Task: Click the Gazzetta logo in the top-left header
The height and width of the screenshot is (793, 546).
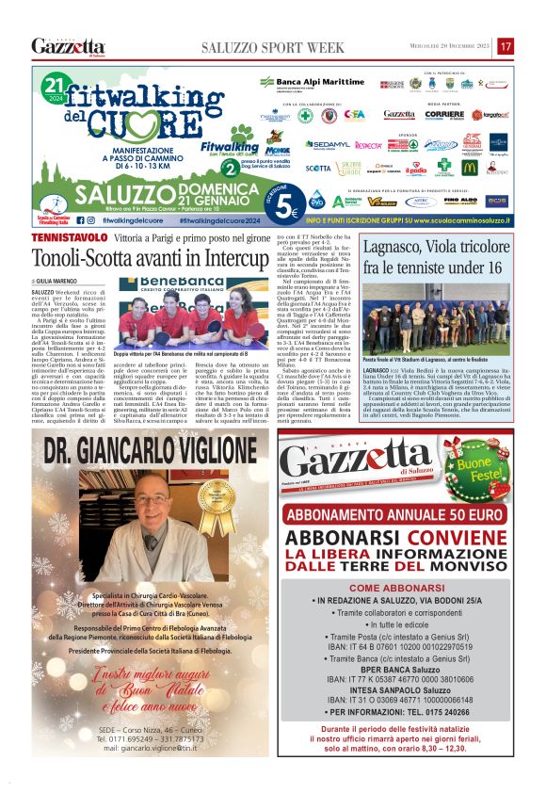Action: tap(68, 46)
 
